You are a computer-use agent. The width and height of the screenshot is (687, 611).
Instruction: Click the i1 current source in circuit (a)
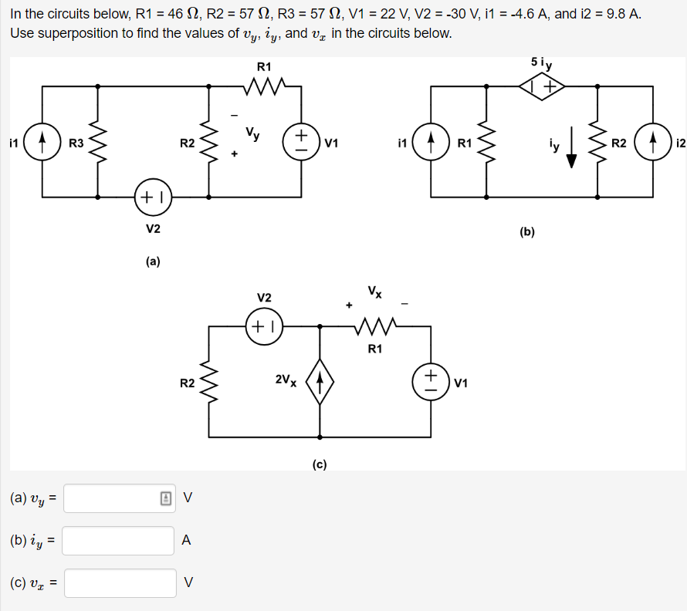(x=42, y=143)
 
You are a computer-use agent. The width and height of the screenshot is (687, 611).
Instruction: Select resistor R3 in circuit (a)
(x=98, y=143)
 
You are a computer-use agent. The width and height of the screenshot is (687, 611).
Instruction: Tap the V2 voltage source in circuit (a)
(x=153, y=197)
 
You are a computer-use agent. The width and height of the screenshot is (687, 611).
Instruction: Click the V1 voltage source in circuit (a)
(x=301, y=143)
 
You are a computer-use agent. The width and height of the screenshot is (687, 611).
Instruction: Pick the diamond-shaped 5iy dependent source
(x=542, y=87)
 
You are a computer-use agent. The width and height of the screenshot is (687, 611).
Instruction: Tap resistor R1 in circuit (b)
(x=486, y=143)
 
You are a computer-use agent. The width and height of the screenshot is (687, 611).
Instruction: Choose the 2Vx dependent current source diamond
(x=320, y=381)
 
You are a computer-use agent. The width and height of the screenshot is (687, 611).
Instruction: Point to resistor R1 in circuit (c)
(x=375, y=326)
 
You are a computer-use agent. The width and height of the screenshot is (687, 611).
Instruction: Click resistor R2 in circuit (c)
(x=208, y=381)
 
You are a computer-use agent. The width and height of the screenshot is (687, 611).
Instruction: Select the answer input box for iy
(x=118, y=540)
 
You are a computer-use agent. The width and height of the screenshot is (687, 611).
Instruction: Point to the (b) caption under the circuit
(x=527, y=231)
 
